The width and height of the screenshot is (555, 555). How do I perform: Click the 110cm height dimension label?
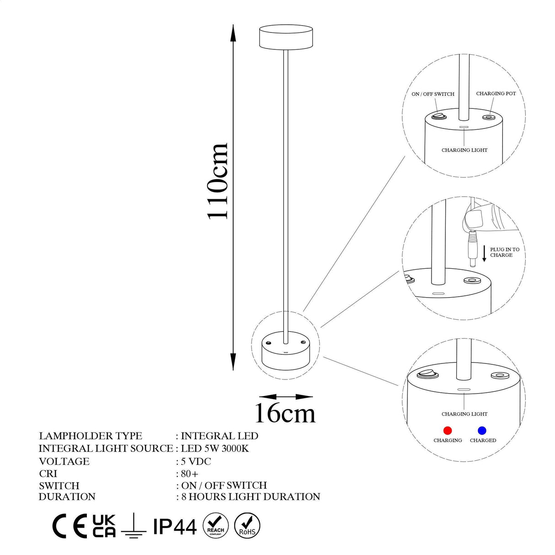pyautogui.click(x=218, y=181)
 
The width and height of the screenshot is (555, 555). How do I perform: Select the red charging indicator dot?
pyautogui.click(x=448, y=431)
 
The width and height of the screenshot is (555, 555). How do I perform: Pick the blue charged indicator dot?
pyautogui.click(x=482, y=431)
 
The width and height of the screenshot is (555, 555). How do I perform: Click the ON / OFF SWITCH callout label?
pyautogui.click(x=433, y=94)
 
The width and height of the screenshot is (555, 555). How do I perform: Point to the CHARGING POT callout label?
pyautogui.click(x=496, y=94)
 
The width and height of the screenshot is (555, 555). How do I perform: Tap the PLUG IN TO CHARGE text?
pyautogui.click(x=505, y=252)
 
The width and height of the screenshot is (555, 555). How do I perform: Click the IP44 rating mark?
pyautogui.click(x=175, y=527)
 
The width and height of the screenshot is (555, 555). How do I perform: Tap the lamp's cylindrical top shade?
pyautogui.click(x=286, y=37)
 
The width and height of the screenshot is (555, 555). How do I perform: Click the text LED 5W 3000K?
pyautogui.click(x=215, y=448)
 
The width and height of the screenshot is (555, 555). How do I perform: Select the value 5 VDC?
pyautogui.click(x=196, y=461)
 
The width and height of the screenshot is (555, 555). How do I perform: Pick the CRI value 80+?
pyautogui.click(x=190, y=474)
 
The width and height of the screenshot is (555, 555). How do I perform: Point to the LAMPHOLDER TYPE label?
pyautogui.click(x=91, y=436)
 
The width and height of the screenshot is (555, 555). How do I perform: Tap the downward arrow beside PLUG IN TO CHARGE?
pyautogui.click(x=484, y=253)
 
